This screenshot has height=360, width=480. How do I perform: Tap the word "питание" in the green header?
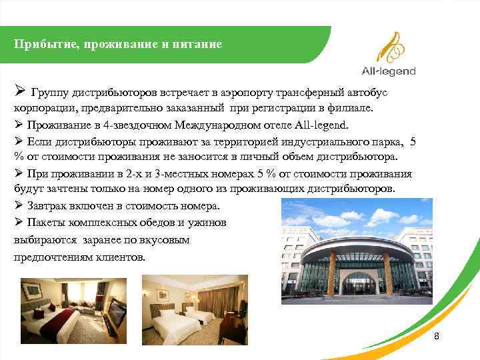click(x=199, y=45)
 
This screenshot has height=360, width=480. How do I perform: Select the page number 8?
click(x=437, y=336)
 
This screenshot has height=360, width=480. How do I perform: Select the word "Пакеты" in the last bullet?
click(x=46, y=222)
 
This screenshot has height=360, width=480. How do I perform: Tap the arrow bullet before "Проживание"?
click(x=18, y=125)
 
